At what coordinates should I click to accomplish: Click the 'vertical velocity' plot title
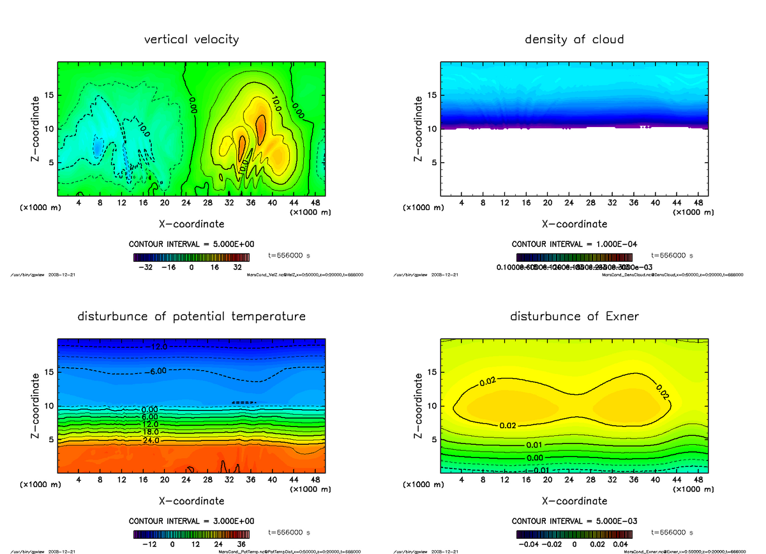click(x=191, y=40)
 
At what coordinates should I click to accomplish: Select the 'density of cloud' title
click(x=574, y=40)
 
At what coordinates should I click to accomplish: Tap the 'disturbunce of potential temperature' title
click(x=191, y=317)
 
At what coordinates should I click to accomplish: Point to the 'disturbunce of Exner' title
click(x=574, y=317)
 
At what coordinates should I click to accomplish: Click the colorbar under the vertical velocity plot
click(x=191, y=258)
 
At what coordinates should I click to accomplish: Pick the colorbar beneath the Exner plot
click(x=574, y=534)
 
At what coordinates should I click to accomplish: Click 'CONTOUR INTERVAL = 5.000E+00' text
click(x=191, y=244)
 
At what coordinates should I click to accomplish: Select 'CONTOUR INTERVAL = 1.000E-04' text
click(x=574, y=244)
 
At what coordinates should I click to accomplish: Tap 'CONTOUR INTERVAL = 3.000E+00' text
click(x=191, y=521)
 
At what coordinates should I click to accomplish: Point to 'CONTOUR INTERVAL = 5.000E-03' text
click(x=574, y=521)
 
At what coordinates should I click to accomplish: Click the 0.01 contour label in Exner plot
click(x=535, y=445)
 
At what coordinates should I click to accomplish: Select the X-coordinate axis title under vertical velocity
click(x=191, y=224)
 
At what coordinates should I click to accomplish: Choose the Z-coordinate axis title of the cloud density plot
click(x=419, y=129)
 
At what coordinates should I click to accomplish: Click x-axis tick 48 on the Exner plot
click(x=698, y=479)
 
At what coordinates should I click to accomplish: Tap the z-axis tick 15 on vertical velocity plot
click(x=49, y=96)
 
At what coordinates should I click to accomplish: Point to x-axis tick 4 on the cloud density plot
click(x=462, y=202)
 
